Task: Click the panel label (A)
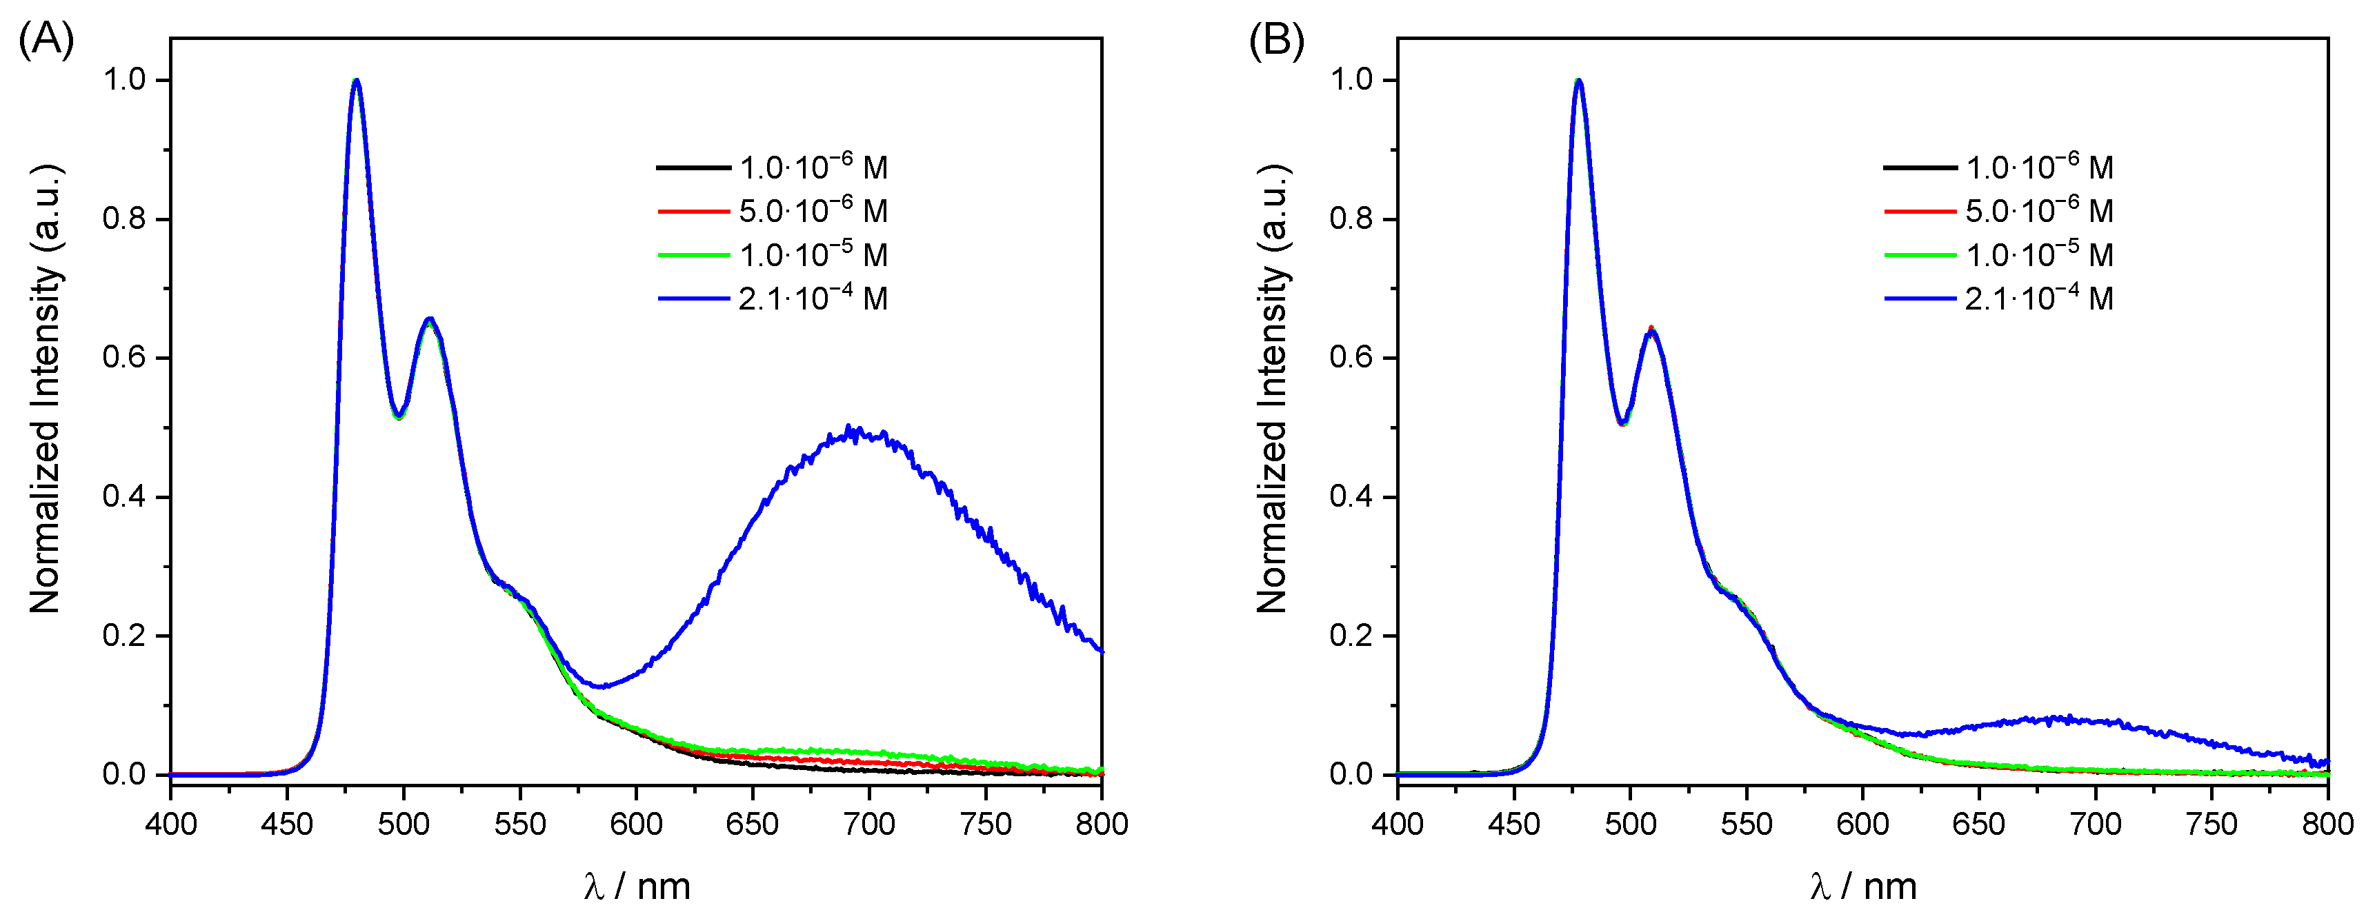(46, 41)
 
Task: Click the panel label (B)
(1275, 41)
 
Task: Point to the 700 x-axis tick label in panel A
(869, 824)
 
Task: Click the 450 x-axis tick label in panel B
(1513, 824)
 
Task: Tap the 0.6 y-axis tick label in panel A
(124, 357)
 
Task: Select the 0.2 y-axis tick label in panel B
(1351, 636)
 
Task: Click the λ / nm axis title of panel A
(637, 886)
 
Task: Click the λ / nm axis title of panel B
(1864, 886)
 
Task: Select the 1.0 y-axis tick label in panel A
(124, 80)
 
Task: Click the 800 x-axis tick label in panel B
(2327, 824)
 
